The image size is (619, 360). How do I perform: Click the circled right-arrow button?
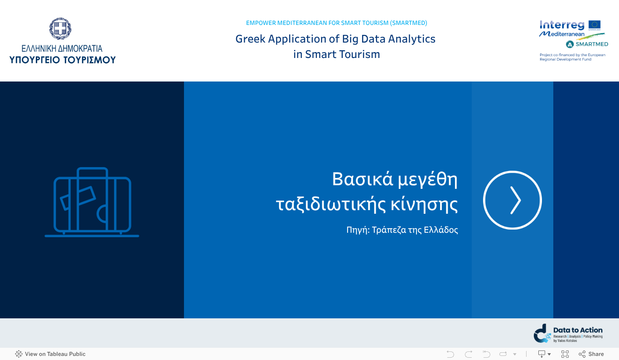[512, 200]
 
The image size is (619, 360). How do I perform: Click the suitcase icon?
[92, 202]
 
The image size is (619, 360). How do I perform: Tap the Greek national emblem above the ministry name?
[60, 29]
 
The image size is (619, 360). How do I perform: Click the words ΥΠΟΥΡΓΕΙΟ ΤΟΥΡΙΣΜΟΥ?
[63, 60]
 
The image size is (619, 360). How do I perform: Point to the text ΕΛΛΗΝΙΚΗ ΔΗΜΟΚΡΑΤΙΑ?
[62, 48]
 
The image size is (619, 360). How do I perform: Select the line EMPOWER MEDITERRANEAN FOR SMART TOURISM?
[336, 23]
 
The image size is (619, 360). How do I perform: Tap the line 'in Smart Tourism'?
[336, 54]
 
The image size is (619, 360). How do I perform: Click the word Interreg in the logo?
[562, 25]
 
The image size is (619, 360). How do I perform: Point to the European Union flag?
[594, 25]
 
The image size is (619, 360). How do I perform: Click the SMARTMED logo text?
[591, 44]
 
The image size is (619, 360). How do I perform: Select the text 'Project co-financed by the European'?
[572, 55]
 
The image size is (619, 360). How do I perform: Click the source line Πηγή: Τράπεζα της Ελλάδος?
[402, 230]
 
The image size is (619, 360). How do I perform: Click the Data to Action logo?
[568, 334]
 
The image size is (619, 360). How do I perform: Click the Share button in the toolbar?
[591, 354]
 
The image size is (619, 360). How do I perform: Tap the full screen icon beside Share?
[565, 354]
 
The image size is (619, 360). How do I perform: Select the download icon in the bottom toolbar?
[542, 354]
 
